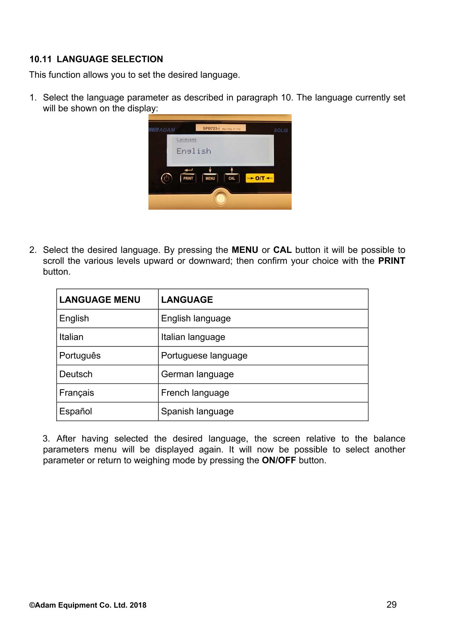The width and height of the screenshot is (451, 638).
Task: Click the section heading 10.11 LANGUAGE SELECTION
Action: (96, 59)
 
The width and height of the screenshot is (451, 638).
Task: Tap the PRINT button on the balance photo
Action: (188, 178)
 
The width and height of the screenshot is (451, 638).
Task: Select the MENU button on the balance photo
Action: (210, 178)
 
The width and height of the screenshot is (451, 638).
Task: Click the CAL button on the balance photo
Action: (232, 178)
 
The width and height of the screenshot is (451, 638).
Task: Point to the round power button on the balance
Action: (166, 178)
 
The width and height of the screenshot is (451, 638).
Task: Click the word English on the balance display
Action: (194, 151)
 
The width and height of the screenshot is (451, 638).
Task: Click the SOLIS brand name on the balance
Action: (281, 130)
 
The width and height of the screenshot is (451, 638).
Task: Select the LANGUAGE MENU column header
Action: (100, 300)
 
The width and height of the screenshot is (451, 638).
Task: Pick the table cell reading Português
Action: (80, 355)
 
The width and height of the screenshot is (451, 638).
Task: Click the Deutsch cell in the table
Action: (76, 374)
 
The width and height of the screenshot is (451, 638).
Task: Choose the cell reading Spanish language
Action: (197, 411)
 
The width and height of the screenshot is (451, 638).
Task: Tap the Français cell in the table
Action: (77, 393)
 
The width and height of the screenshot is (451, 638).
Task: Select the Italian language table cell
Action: (193, 337)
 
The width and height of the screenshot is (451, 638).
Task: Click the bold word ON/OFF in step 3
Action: (278, 461)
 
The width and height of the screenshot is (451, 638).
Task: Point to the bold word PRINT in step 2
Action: (392, 261)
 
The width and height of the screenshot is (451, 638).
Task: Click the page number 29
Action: (391, 605)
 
